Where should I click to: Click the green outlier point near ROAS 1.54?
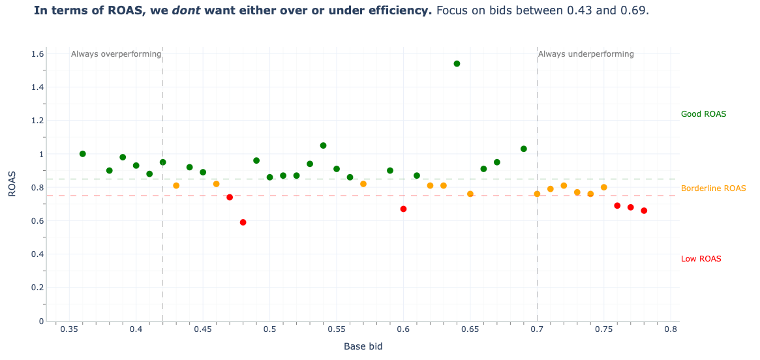pyautogui.click(x=457, y=64)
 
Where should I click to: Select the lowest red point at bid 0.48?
pyautogui.click(x=243, y=222)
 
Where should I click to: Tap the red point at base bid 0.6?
pyautogui.click(x=403, y=209)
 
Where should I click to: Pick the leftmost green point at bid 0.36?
pyautogui.click(x=82, y=154)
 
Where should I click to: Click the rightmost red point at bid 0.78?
pyautogui.click(x=644, y=211)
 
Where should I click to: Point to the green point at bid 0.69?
pyautogui.click(x=523, y=149)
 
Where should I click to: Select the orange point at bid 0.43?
pyautogui.click(x=176, y=186)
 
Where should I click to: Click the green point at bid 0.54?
pyautogui.click(x=323, y=145)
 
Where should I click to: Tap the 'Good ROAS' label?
pyautogui.click(x=703, y=114)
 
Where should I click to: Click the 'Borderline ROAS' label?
pyautogui.click(x=713, y=188)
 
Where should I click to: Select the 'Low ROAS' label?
pyautogui.click(x=701, y=259)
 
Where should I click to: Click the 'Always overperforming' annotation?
pyautogui.click(x=116, y=54)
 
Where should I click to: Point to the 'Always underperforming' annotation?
pyautogui.click(x=586, y=54)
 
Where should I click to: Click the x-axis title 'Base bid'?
pyautogui.click(x=363, y=346)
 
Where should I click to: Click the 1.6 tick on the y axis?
pyautogui.click(x=37, y=54)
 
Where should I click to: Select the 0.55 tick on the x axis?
pyautogui.click(x=336, y=331)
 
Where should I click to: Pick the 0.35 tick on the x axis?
pyautogui.click(x=68, y=331)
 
